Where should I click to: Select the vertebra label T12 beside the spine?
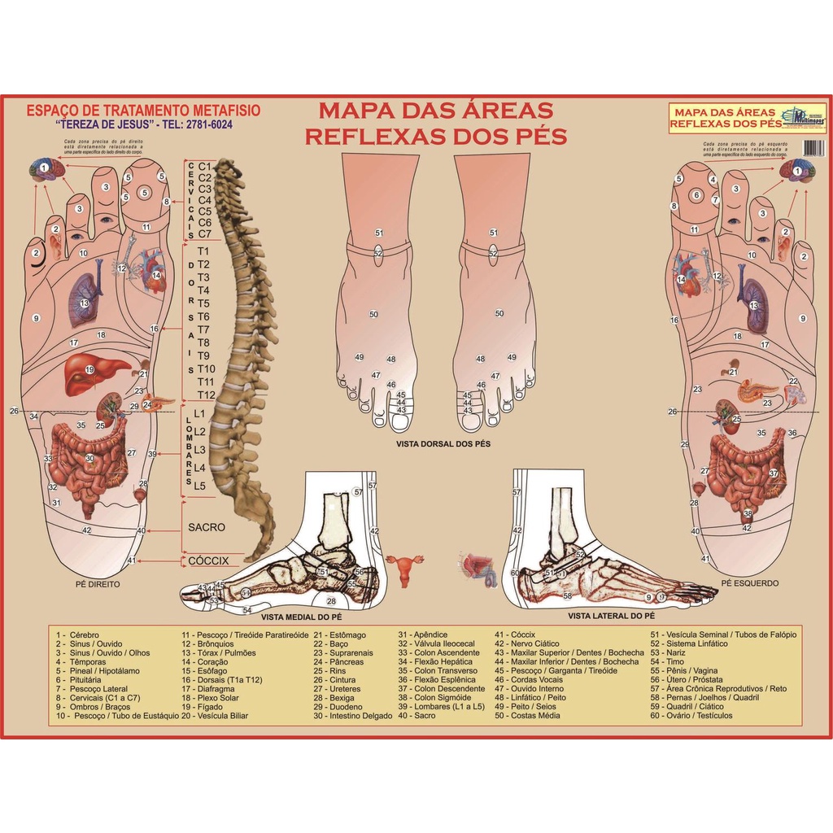206,395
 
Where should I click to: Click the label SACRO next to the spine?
206,527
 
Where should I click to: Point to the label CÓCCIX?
208,560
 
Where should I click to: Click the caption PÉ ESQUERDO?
749,583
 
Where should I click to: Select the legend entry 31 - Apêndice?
423,635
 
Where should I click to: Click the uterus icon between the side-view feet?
404,567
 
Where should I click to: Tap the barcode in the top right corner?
812,147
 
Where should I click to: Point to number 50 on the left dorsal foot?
373,314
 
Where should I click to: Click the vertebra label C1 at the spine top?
204,167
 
